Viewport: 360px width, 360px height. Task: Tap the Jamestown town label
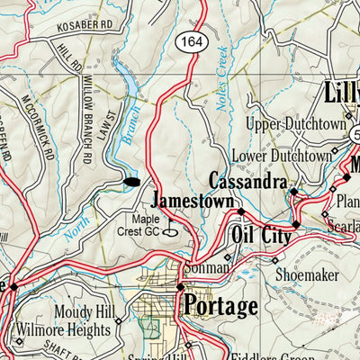[192, 200]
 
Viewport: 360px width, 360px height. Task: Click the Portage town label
[220, 306]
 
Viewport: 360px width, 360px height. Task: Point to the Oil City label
[261, 237]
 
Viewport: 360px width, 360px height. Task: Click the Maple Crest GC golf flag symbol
[168, 227]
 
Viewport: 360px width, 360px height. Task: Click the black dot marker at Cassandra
[293, 191]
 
